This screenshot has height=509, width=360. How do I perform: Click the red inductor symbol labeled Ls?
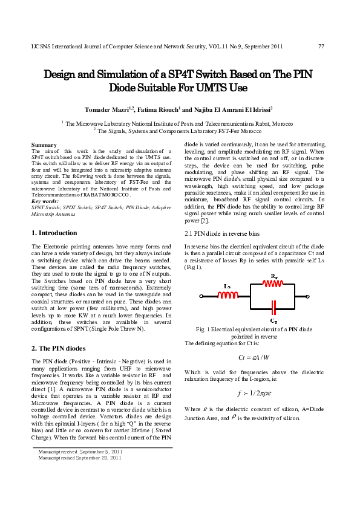[x=228, y=295]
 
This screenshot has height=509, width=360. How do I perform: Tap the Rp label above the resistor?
[x=274, y=274]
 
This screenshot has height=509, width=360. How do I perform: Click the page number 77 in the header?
[x=321, y=47]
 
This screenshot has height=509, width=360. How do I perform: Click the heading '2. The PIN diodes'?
[x=58, y=348]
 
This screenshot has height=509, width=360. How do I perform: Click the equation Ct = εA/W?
[x=254, y=357]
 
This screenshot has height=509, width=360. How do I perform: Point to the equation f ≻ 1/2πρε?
[x=254, y=392]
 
